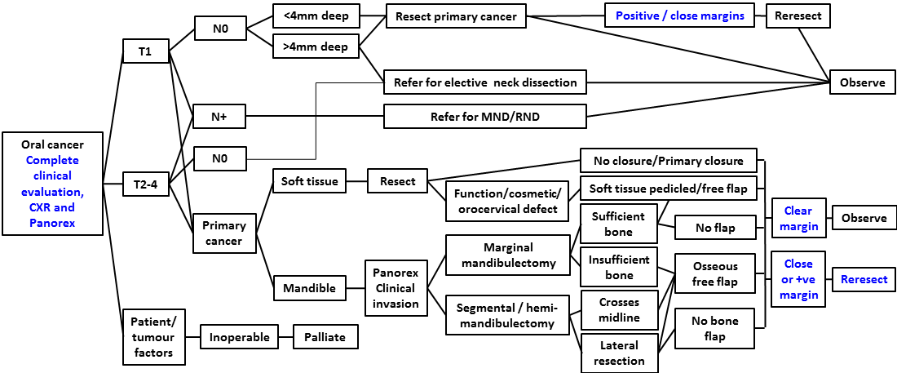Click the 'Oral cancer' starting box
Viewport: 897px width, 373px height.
click(x=53, y=183)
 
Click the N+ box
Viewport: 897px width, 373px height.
click(x=218, y=117)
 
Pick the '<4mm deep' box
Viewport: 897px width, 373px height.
click(x=315, y=16)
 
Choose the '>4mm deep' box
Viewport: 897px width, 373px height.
click(x=315, y=47)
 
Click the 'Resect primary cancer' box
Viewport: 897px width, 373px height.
click(x=456, y=16)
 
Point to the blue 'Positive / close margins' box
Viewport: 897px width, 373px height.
click(x=679, y=16)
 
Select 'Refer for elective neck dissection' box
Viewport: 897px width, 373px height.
click(x=484, y=82)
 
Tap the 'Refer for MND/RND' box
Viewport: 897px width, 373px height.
click(x=484, y=117)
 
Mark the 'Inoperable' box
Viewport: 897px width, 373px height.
click(x=234, y=336)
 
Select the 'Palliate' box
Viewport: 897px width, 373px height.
click(x=325, y=336)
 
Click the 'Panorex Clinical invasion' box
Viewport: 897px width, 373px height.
click(x=395, y=287)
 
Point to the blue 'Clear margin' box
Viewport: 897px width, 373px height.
click(x=798, y=218)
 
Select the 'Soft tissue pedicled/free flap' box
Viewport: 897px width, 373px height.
click(x=668, y=189)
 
